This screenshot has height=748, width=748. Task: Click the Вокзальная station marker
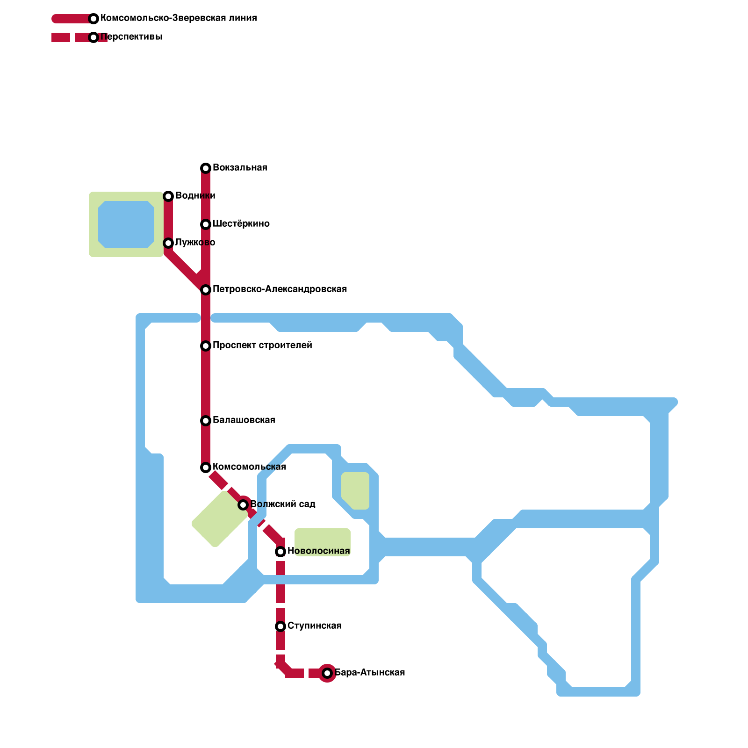(x=206, y=168)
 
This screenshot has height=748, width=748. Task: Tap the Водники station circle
(x=168, y=196)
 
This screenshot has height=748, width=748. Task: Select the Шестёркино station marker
(x=206, y=224)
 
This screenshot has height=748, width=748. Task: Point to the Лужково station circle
(x=168, y=243)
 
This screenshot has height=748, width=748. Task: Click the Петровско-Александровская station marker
(x=206, y=290)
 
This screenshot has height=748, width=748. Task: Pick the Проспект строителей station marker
(x=206, y=346)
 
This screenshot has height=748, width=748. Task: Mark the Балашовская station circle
(x=206, y=421)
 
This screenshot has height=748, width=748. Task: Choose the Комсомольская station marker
(x=206, y=467)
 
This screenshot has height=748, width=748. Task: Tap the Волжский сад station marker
(x=243, y=505)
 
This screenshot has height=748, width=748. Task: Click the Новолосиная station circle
(x=280, y=552)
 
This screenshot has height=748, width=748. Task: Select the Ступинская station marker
(x=280, y=626)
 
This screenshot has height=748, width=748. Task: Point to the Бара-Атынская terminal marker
(x=327, y=673)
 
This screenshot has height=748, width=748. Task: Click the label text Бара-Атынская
(x=370, y=673)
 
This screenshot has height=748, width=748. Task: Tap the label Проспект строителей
(x=262, y=345)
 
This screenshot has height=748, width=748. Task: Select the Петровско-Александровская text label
(x=280, y=289)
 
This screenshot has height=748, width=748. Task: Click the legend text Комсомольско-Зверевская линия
(x=179, y=18)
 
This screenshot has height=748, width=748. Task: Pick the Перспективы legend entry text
(x=131, y=37)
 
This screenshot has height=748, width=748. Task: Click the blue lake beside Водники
(x=126, y=224)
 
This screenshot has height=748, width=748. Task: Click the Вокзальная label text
(x=240, y=168)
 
